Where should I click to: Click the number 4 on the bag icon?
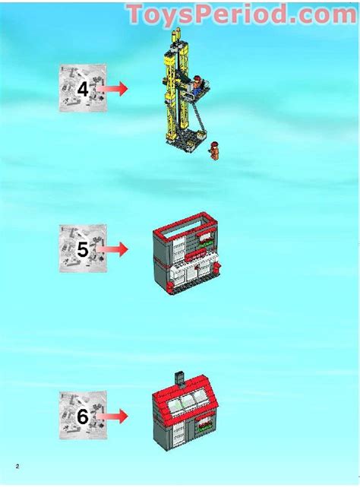pos(83,89)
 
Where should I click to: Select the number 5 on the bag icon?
pos(83,249)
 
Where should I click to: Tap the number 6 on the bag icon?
pos(83,416)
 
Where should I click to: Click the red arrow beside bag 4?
pos(113,89)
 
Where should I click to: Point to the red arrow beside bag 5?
pos(113,249)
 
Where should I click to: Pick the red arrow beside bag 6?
pos(113,416)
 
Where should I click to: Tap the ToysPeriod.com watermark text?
pos(241,14)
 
